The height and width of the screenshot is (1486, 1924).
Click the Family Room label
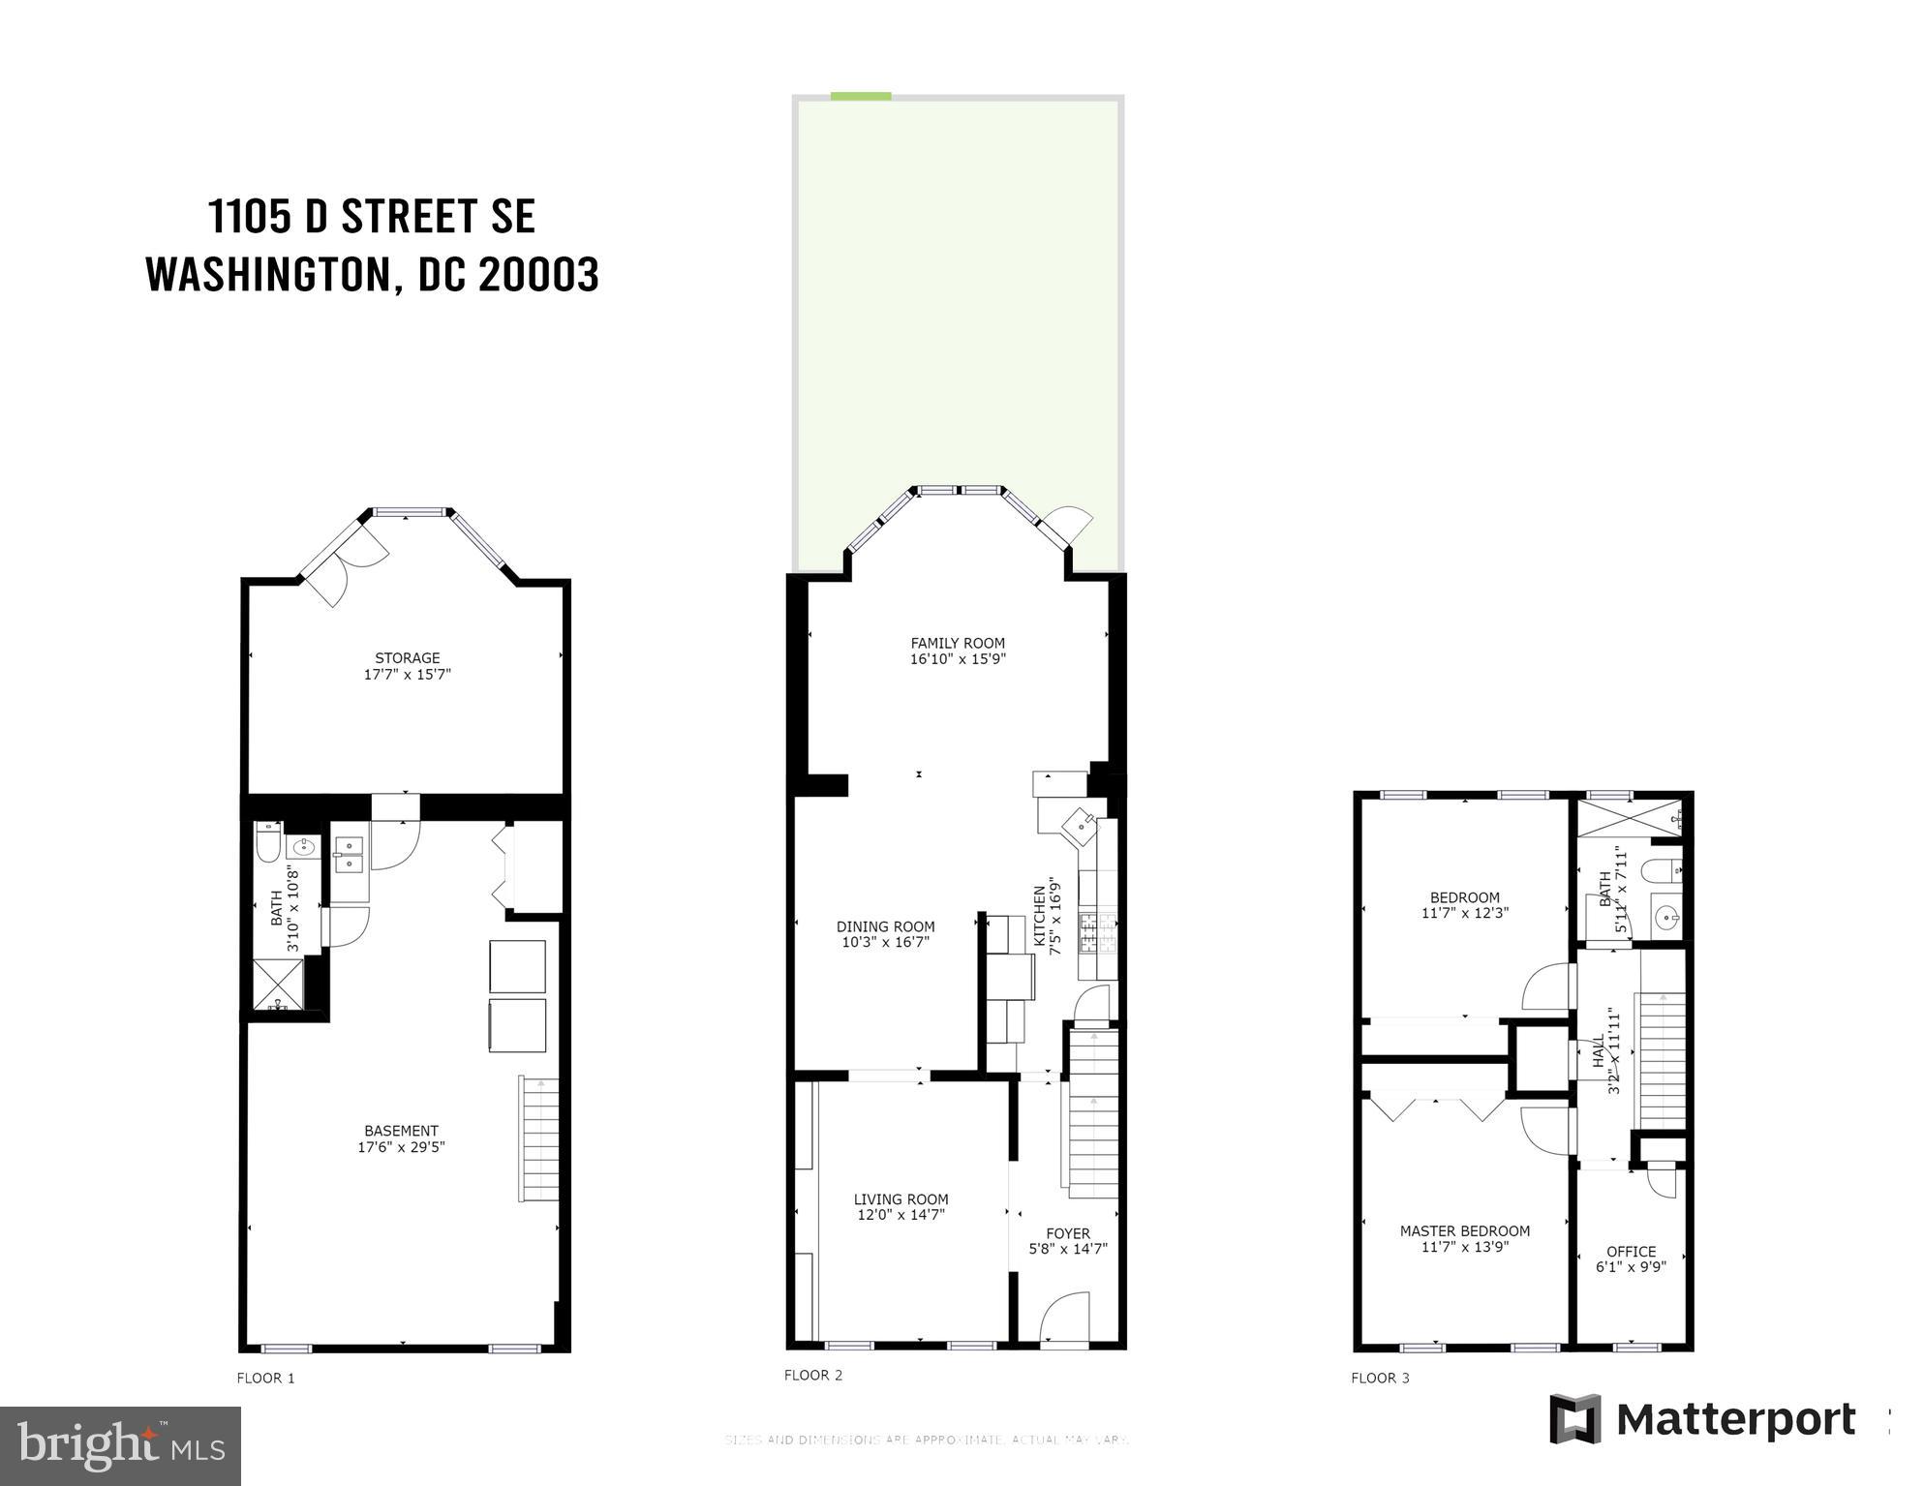pos(957,643)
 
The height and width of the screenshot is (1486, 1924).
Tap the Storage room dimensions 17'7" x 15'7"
pos(407,675)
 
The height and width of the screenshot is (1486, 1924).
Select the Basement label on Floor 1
pos(401,1131)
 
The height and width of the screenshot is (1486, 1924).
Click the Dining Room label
pos(885,926)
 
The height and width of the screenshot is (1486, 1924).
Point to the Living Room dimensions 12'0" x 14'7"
pos(901,1215)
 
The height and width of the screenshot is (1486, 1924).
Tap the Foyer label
pos(1067,1233)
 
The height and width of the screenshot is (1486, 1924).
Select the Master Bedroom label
pos(1464,1231)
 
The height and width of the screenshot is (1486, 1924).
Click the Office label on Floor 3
pos(1631,1252)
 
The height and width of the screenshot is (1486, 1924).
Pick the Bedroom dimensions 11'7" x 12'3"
pos(1464,913)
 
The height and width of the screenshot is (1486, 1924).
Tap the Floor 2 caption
pos(812,1375)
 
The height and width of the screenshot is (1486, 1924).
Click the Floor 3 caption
pos(1380,1378)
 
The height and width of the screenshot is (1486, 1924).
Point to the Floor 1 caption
pos(265,1378)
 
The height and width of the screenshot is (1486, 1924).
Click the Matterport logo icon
pos(1574,1419)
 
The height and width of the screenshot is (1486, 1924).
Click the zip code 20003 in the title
pos(538,275)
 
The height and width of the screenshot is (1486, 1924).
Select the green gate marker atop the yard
pos(860,96)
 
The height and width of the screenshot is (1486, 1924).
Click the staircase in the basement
pos(540,1138)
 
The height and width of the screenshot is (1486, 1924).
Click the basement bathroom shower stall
pos(278,986)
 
